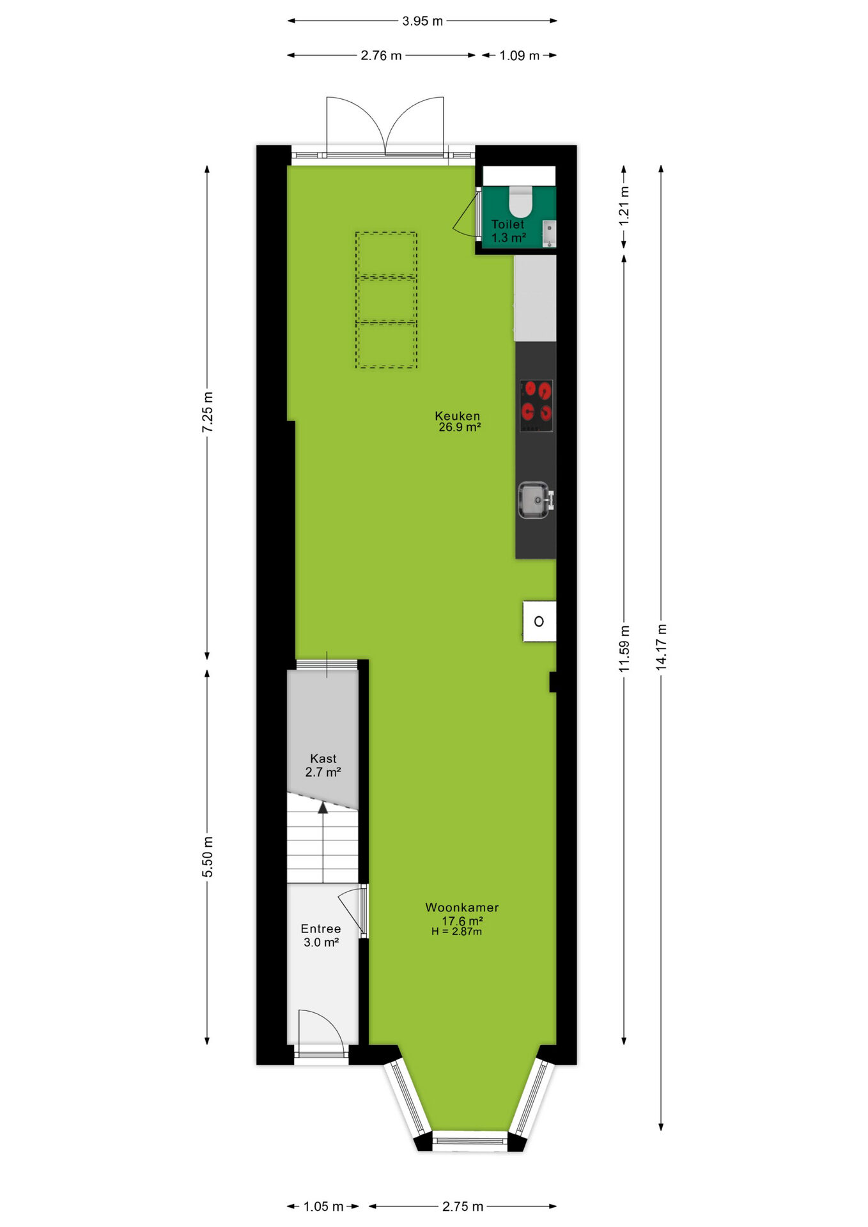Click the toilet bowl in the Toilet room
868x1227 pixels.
point(521,201)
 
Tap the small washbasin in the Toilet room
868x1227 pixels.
point(549,233)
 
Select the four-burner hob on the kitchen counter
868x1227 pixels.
point(536,406)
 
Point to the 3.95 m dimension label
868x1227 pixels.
point(422,21)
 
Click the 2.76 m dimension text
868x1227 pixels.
point(381,56)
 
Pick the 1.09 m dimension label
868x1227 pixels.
point(519,56)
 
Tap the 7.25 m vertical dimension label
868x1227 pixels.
point(208,412)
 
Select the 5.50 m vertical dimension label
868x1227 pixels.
point(208,856)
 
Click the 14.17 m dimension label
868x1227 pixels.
point(662,647)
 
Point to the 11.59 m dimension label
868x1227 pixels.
point(624,649)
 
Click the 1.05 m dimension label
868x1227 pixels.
point(323,1207)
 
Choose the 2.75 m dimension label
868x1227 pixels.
point(463,1207)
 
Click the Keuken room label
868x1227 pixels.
point(458,416)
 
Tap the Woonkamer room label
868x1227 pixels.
point(462,907)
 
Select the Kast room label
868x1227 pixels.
point(323,759)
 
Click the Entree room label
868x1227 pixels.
point(321,929)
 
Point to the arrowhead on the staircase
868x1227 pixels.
point(323,808)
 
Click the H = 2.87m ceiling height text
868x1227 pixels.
point(456,932)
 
